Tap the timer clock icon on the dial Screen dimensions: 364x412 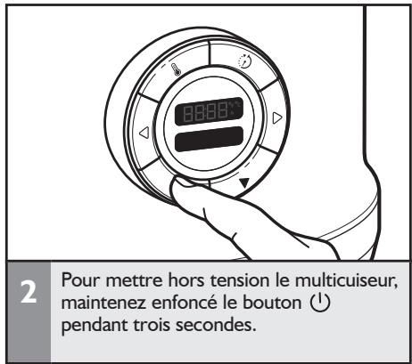point(243,63)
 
